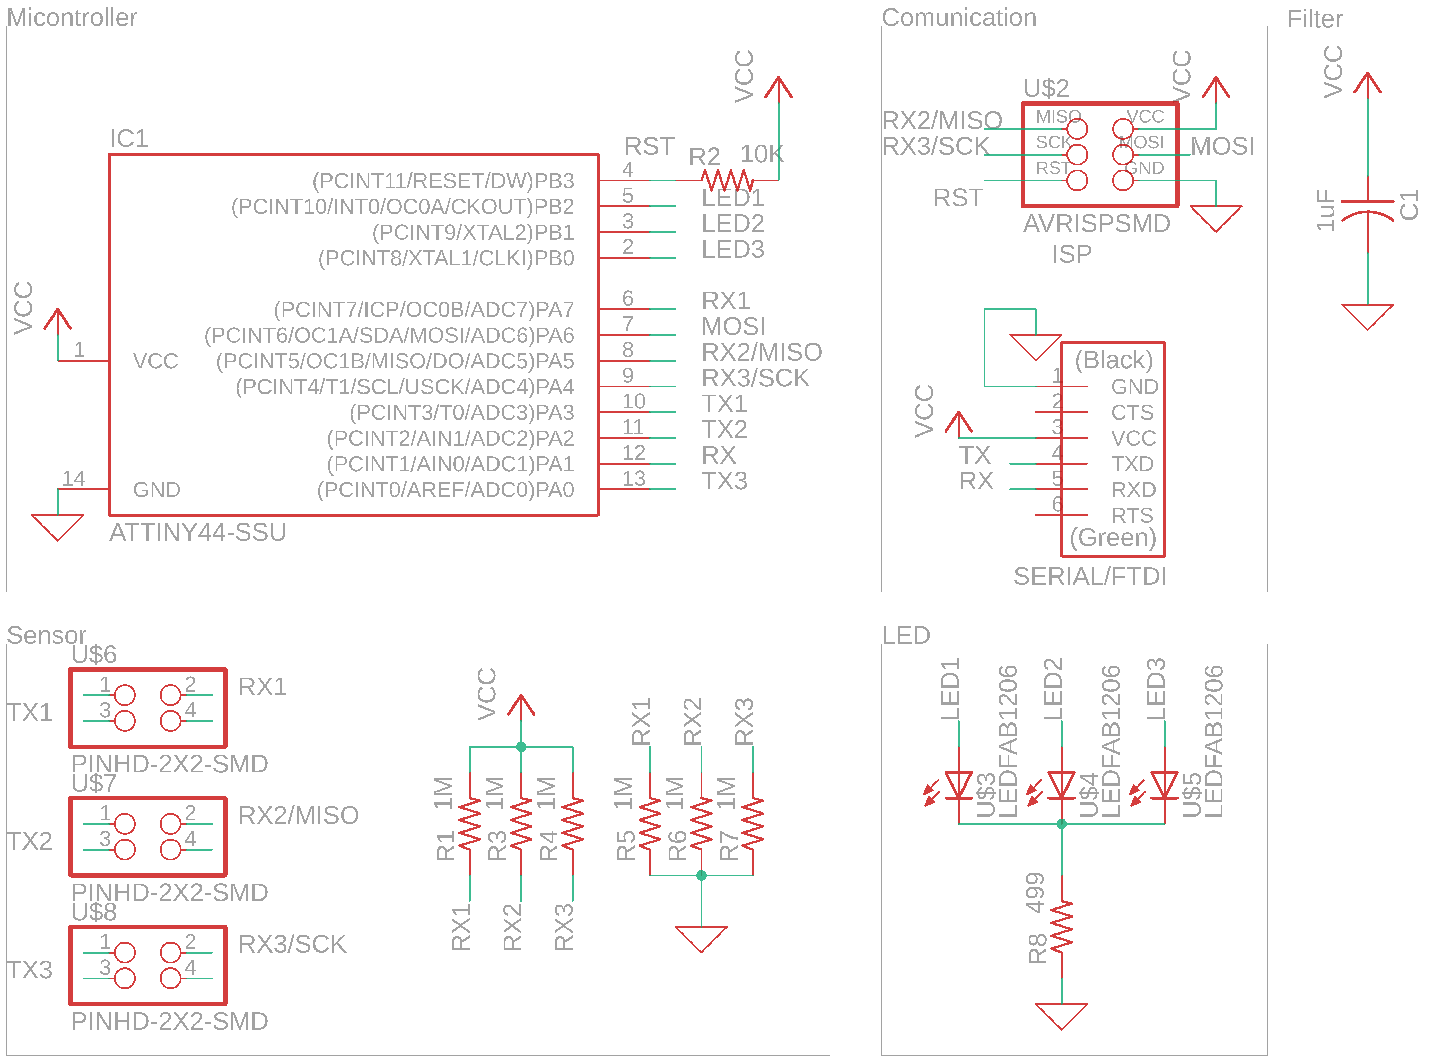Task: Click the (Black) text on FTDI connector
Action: (1113, 360)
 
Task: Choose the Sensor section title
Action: (46, 635)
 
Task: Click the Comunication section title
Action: (959, 17)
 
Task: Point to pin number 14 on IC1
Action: (74, 478)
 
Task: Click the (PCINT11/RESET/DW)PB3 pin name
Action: (443, 181)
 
